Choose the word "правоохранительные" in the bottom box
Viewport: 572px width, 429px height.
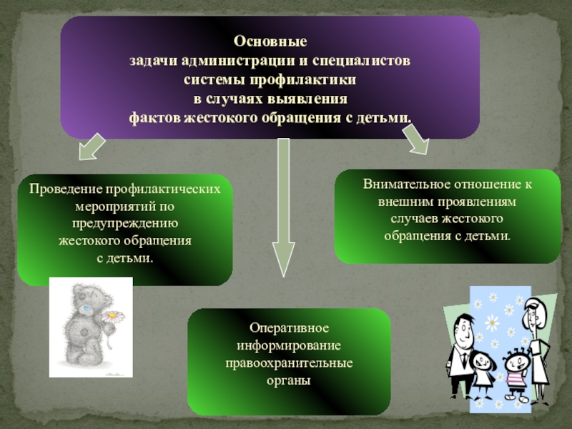(x=289, y=364)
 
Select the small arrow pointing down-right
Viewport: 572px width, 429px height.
(x=416, y=140)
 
